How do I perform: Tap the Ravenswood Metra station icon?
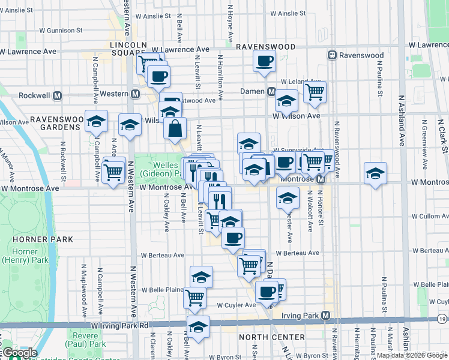[x=331, y=55]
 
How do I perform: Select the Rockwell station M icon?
[x=58, y=95]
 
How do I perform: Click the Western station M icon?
[x=135, y=94]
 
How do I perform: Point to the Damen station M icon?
[x=271, y=91]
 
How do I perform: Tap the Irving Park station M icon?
[x=326, y=316]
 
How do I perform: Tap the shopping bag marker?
[x=175, y=128]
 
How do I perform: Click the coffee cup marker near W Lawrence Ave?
[x=264, y=61]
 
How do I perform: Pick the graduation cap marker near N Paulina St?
[x=375, y=173]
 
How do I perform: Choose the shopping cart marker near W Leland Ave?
[x=315, y=92]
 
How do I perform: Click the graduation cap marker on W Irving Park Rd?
[x=198, y=327]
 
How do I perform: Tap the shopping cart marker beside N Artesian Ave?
[x=113, y=172]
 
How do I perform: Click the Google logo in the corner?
[x=19, y=353]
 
